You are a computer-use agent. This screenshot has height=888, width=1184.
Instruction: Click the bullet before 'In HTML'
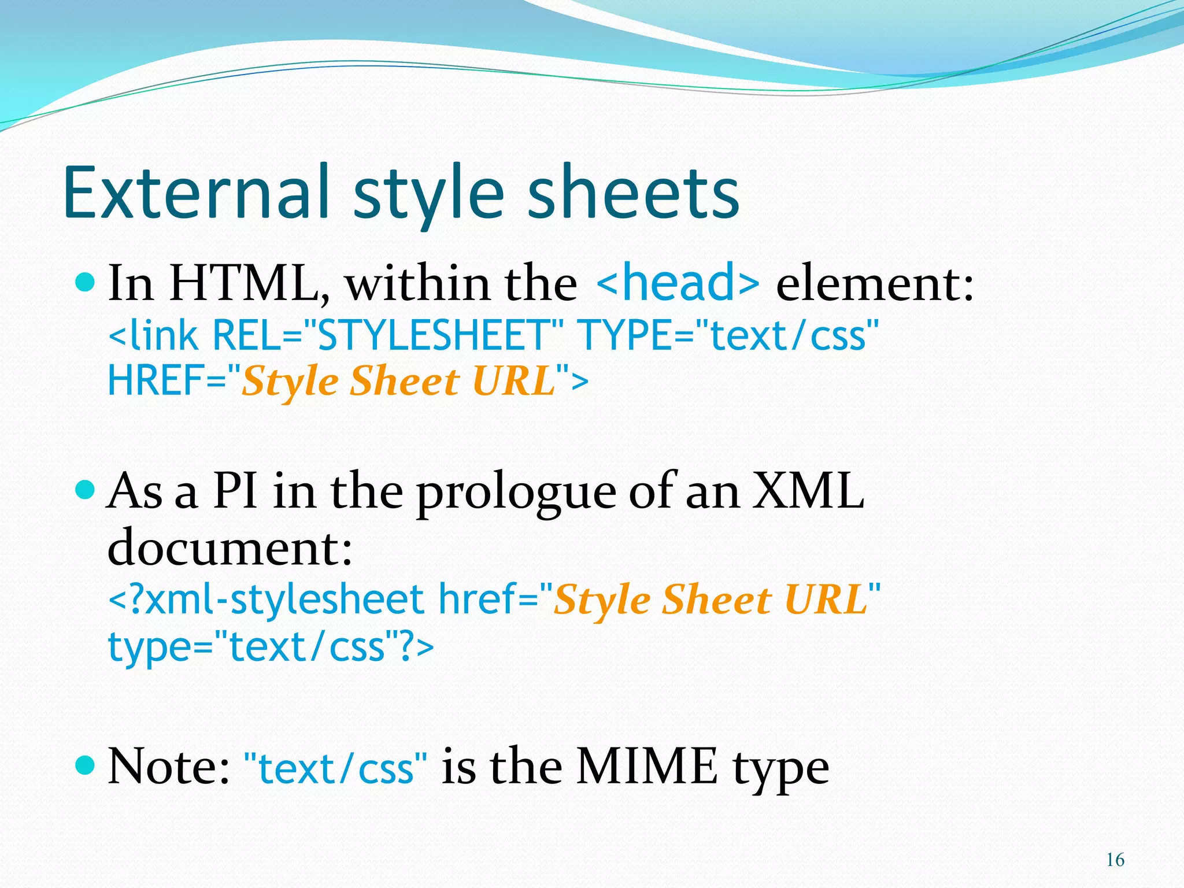(85, 282)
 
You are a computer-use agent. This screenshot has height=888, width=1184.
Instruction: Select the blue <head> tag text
(678, 282)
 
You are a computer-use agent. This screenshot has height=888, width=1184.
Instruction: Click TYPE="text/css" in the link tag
(728, 335)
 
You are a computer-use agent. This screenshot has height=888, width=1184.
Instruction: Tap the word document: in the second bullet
(230, 547)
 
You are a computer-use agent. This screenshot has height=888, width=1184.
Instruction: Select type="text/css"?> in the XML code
(271, 646)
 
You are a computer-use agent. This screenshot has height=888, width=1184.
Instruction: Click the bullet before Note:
(85, 766)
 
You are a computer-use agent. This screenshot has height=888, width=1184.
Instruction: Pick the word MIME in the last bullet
(647, 766)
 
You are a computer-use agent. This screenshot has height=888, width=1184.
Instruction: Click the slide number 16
(1115, 860)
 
